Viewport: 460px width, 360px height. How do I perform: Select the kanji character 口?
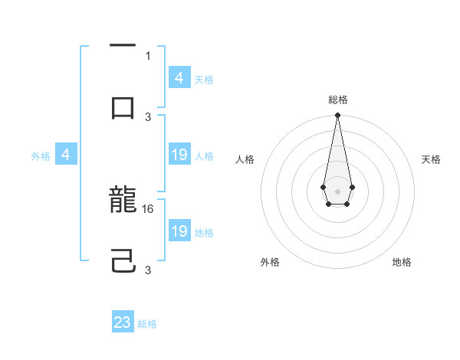coord(123,108)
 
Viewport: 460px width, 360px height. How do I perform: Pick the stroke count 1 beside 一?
coord(148,55)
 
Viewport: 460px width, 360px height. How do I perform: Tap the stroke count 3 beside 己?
coord(149,270)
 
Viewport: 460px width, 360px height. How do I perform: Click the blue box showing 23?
coord(123,322)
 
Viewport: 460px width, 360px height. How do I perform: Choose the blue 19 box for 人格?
coord(179,155)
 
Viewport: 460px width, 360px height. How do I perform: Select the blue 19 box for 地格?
coord(179,231)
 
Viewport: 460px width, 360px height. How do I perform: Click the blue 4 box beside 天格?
coord(179,78)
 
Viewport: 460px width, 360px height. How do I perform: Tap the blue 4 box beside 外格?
coord(66,155)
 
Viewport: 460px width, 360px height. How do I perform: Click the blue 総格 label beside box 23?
coord(147,324)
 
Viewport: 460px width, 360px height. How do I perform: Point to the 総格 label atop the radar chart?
coord(338,100)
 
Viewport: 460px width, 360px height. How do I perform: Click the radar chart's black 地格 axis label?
coord(402,262)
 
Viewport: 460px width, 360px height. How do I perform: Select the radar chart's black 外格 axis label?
coord(270,262)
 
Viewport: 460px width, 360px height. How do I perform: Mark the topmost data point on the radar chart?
coord(337,116)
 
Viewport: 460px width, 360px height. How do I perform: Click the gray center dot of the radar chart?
coord(337,190)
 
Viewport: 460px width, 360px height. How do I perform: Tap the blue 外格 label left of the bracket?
coord(41,156)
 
